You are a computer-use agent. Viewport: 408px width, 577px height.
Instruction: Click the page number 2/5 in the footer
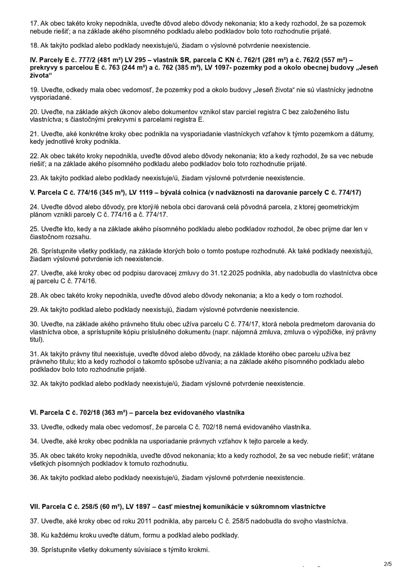(x=388, y=563)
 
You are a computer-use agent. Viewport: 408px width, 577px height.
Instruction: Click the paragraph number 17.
(x=34, y=23)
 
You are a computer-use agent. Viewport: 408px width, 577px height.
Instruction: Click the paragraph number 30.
(x=34, y=324)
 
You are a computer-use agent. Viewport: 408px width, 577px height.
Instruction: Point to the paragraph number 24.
(x=34, y=207)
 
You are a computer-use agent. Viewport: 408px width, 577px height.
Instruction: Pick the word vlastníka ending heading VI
(x=230, y=413)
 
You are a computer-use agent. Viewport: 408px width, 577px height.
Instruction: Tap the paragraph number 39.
(x=34, y=549)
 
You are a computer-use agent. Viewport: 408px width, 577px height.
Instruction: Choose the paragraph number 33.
(x=34, y=427)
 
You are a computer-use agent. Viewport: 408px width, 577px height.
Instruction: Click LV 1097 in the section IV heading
(x=251, y=68)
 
